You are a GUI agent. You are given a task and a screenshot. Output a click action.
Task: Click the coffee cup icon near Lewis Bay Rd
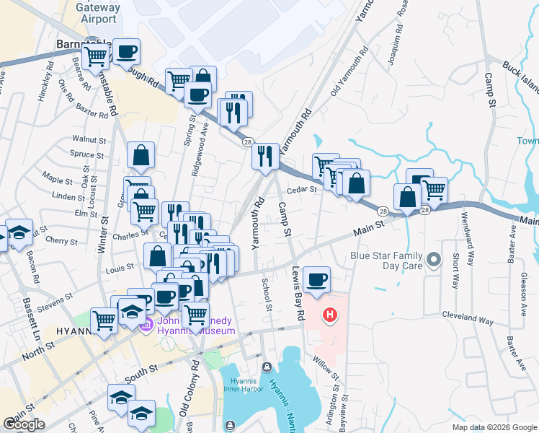[317, 279]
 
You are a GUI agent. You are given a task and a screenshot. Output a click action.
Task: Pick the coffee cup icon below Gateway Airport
[127, 51]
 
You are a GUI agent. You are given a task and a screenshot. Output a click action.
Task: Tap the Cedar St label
[303, 190]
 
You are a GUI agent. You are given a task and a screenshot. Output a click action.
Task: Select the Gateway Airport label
[96, 13]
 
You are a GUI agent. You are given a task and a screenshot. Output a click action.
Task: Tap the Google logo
[24, 424]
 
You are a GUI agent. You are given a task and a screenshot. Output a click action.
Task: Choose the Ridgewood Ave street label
[205, 141]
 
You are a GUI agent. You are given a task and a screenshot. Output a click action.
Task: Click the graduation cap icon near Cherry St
[19, 232]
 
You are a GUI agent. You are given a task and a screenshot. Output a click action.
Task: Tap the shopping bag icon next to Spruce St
[141, 154]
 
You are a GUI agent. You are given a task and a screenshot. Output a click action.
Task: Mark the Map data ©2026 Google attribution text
[494, 427]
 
